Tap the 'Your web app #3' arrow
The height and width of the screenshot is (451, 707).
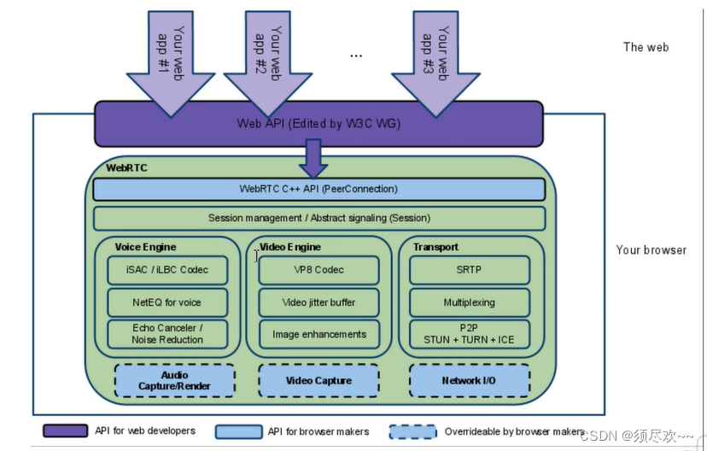[435, 60]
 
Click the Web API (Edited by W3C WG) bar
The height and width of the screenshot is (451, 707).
[318, 124]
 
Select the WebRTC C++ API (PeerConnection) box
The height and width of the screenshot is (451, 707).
[318, 189]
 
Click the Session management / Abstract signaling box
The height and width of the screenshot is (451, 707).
[318, 218]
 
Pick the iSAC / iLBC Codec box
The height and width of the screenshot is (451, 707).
[167, 270]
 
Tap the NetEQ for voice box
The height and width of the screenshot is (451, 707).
[167, 302]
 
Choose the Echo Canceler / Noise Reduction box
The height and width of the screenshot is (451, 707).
[167, 334]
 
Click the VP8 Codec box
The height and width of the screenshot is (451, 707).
[318, 270]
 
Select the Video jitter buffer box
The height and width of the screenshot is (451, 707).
[318, 302]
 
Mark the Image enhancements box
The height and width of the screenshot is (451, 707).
[318, 334]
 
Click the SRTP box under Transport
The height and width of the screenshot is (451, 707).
[469, 270]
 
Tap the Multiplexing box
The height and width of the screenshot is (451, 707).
[469, 302]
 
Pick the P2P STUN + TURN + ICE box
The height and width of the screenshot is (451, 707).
[469, 334]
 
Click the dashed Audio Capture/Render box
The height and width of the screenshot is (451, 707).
[174, 381]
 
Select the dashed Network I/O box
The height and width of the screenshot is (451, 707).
[469, 381]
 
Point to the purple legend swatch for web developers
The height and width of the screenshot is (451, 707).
[65, 430]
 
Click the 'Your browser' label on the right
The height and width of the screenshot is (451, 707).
[651, 250]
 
